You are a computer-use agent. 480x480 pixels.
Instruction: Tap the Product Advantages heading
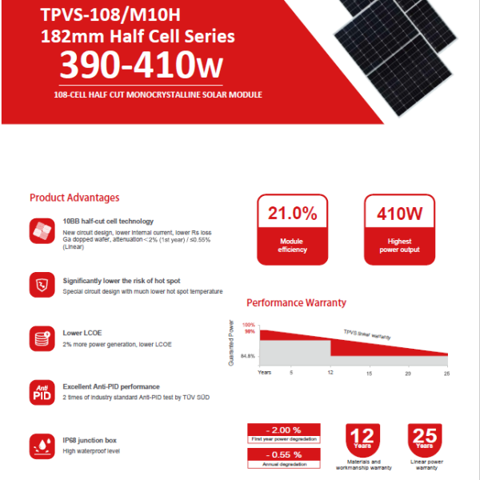pos(74,198)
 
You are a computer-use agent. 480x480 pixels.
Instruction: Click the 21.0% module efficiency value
pos(292,214)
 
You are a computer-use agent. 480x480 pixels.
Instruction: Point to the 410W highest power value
pos(398,214)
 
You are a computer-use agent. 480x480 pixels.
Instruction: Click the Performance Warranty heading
pos(296,303)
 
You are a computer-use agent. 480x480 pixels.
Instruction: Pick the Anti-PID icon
pos(41,391)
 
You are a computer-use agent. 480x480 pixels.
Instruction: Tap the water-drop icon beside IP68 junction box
pos(41,445)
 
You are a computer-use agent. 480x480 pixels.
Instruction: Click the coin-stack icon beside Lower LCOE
pos(41,338)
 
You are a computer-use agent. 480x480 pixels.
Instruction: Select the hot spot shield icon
pos(41,285)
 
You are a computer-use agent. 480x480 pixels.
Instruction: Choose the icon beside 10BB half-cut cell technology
pos(41,231)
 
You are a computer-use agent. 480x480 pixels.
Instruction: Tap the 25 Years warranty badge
pos(426,439)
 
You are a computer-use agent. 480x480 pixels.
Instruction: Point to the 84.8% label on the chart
pos(247,356)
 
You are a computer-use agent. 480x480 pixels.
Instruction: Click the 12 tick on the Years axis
pos(330,374)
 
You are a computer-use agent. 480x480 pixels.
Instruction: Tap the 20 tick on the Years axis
pos(408,374)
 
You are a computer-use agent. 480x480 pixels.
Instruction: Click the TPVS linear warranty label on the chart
pos(367,334)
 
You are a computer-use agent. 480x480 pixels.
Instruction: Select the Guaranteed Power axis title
pos(231,342)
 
